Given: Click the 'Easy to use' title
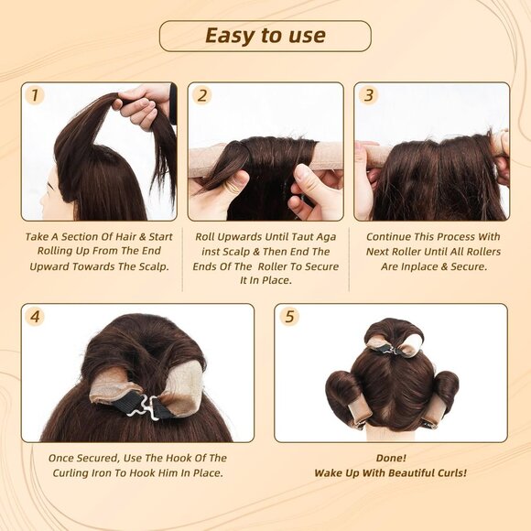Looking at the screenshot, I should coord(265,36).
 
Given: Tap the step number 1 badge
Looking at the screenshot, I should coord(35,95).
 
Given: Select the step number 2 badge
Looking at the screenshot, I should coord(201,95).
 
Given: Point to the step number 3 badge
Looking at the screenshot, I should coord(368,95).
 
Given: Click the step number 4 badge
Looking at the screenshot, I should coord(35,317).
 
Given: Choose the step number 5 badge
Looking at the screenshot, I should coord(289,317).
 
